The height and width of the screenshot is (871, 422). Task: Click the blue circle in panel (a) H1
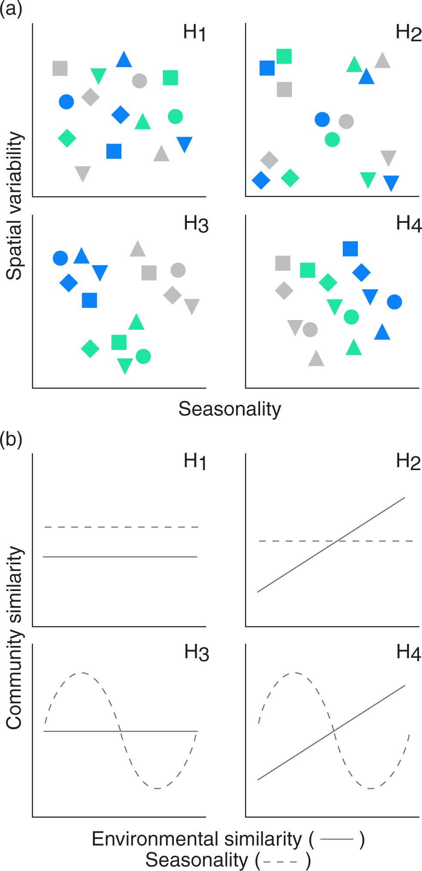(66, 102)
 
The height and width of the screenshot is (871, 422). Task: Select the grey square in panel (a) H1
(60, 68)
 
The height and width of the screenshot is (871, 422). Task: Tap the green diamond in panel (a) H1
(67, 138)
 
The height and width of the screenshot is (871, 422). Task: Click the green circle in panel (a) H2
(332, 139)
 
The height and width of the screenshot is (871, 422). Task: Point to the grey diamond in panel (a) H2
(270, 160)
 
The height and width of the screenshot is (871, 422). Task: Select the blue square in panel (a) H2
(267, 68)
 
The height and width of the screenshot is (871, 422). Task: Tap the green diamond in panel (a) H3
(90, 348)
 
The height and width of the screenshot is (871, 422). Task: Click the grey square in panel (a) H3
(149, 273)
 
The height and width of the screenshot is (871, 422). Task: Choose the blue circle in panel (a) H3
(60, 258)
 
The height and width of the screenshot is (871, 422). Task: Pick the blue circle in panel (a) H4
(394, 302)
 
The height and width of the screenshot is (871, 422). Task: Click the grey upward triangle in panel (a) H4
(316, 359)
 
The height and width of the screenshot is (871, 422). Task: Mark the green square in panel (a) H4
(307, 270)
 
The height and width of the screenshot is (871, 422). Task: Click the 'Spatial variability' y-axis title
(15, 206)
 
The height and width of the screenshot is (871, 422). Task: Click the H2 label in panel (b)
(408, 461)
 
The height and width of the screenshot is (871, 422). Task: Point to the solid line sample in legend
(337, 839)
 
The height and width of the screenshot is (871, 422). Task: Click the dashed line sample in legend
(280, 861)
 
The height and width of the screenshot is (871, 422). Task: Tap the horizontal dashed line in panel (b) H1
(121, 527)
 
